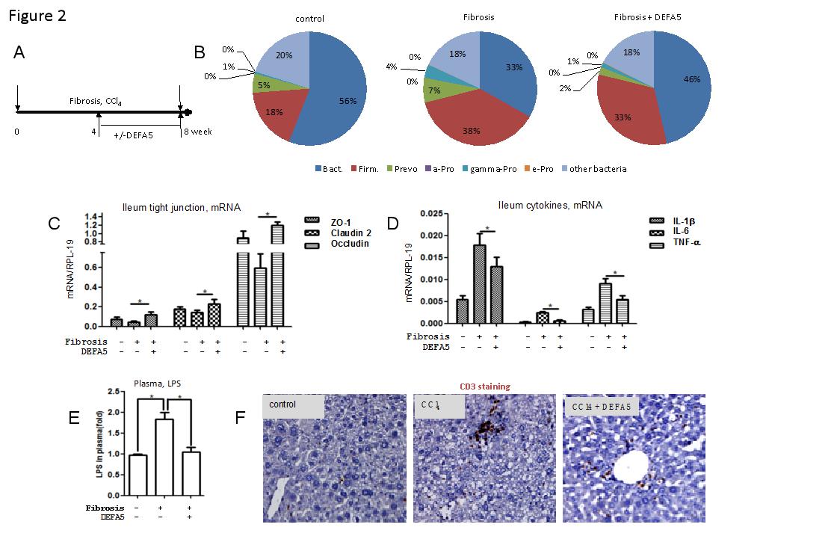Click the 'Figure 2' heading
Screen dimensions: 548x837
click(x=37, y=16)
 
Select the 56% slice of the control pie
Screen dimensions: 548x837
click(x=333, y=97)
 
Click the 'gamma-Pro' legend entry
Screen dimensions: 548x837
click(x=494, y=169)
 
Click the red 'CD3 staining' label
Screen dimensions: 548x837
click(x=484, y=387)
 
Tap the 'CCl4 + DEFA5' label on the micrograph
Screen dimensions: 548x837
click(x=600, y=407)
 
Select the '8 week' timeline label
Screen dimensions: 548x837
click(x=198, y=132)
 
